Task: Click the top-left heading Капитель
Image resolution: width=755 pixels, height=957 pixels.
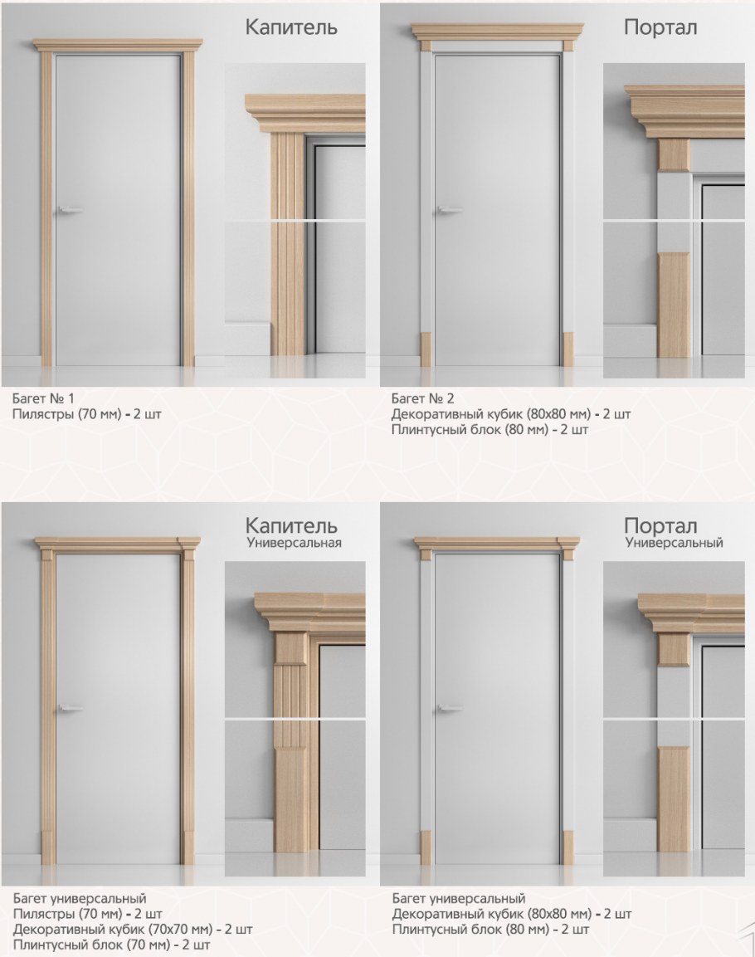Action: pos(291,28)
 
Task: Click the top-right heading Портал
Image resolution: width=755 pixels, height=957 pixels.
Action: pos(660,28)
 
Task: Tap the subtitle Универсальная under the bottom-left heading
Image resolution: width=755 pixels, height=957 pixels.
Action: pos(294,543)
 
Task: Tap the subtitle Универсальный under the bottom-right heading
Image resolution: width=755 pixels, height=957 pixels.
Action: pos(674,543)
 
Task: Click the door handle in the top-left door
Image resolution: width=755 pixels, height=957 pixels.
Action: pos(70,210)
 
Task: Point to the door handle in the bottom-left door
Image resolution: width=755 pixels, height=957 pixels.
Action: pos(71,709)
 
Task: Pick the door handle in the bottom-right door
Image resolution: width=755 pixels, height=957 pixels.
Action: pos(449,709)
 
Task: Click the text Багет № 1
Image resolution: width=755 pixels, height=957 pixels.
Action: pos(43,398)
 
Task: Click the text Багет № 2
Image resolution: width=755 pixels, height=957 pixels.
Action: pos(422,398)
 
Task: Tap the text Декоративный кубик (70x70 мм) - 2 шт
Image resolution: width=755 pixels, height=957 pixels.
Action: pos(133,930)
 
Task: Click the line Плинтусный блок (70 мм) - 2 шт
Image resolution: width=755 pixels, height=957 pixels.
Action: pos(112,945)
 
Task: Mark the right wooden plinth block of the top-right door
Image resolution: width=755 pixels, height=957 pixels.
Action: pos(567,349)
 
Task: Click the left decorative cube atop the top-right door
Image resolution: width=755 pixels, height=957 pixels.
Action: pos(426,46)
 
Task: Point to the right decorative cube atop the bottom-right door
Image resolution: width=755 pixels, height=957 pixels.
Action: pos(567,554)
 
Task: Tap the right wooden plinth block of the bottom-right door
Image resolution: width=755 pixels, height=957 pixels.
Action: pos(567,847)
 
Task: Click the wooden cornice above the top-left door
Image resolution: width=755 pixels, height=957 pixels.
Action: pos(116,45)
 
